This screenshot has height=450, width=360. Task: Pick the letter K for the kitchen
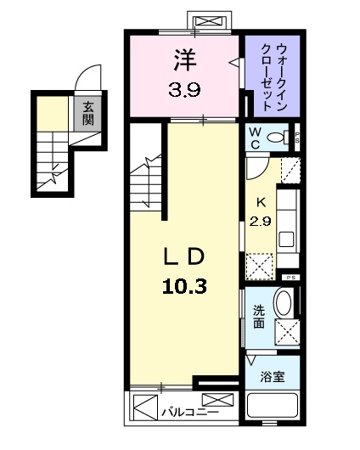click(261, 201)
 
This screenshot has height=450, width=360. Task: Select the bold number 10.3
click(183, 287)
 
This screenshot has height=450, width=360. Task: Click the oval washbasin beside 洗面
click(284, 304)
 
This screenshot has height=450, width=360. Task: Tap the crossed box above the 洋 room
click(208, 21)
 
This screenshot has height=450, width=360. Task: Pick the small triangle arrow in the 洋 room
click(233, 60)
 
